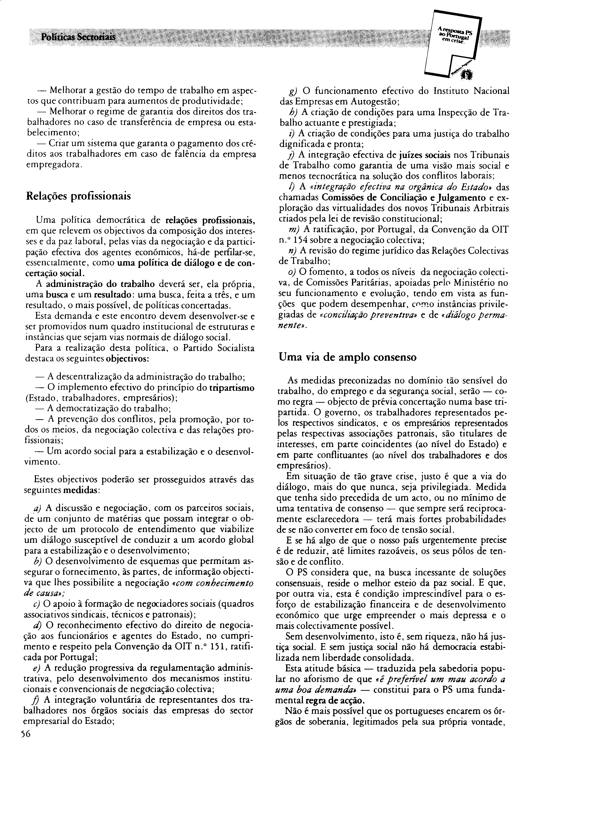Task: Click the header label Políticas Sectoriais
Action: tap(78, 37)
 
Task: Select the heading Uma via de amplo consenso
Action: tap(347, 357)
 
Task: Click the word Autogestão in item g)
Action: tap(377, 101)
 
